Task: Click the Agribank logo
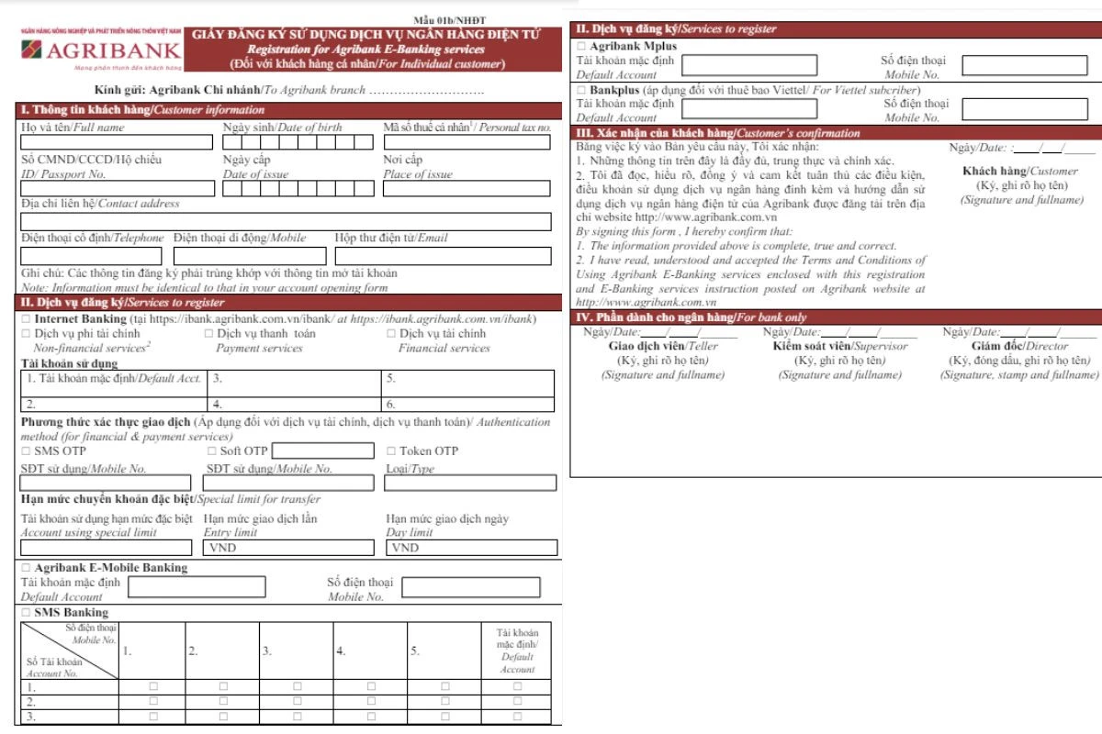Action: click(x=101, y=50)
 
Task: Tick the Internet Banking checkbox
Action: click(x=26, y=318)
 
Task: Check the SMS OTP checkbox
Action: click(x=26, y=451)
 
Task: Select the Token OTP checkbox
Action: click(x=390, y=451)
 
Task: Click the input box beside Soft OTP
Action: click(x=323, y=451)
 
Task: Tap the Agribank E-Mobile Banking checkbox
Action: click(x=26, y=568)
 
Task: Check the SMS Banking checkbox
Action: click(x=26, y=613)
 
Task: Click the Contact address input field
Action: click(x=286, y=222)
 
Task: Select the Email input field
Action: click(x=443, y=256)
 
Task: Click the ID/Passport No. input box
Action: click(x=118, y=189)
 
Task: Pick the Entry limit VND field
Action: click(x=288, y=549)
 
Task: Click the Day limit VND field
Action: click(x=471, y=549)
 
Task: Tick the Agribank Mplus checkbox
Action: click(x=580, y=46)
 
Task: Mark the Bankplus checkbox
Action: click(x=580, y=91)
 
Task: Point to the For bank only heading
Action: click(x=691, y=317)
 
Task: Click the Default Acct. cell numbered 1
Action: click(x=114, y=378)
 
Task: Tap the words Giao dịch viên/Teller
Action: click(x=663, y=347)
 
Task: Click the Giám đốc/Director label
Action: click(x=1019, y=347)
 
